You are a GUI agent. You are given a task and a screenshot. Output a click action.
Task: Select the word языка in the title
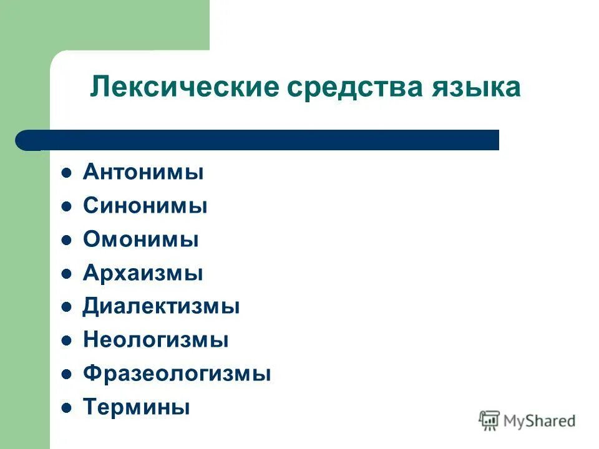475,87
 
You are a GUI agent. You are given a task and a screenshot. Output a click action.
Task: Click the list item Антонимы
143,172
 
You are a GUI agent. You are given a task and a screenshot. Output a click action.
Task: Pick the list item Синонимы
145,206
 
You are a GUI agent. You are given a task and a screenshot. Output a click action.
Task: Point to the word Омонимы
140,239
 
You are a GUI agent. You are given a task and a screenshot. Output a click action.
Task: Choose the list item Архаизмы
143,273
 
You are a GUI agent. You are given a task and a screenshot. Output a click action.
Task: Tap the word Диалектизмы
161,307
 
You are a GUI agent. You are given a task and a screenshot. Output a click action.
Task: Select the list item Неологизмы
155,340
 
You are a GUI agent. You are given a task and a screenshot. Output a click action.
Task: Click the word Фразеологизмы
177,374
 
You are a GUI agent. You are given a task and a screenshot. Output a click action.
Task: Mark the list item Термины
136,408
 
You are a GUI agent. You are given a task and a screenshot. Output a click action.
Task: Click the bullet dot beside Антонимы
66,173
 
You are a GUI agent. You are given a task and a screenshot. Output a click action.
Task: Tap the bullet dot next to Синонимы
66,206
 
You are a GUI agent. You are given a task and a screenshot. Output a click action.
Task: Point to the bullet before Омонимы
66,240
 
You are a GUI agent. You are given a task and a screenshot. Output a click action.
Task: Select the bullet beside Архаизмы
66,274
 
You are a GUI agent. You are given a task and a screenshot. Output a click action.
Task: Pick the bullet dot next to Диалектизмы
66,307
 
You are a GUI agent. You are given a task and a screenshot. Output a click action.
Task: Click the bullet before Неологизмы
66,341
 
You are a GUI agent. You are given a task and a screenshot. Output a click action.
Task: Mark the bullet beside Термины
66,408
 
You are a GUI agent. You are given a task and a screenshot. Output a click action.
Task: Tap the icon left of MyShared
489,420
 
